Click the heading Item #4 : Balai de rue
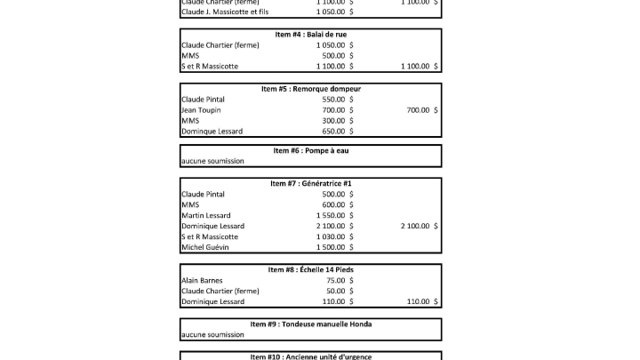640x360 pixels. [x=310, y=34]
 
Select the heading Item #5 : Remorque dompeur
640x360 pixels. [x=310, y=89]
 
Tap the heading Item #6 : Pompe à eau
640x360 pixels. [x=310, y=151]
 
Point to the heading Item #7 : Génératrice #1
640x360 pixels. [x=310, y=183]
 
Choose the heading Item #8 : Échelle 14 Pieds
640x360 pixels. [x=310, y=269]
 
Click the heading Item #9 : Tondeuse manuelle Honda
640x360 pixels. [x=310, y=324]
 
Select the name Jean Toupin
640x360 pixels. [x=201, y=110]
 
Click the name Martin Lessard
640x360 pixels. [x=205, y=216]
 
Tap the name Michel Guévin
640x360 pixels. [x=204, y=248]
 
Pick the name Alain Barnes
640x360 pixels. [x=201, y=280]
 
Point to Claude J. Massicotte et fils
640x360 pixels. [x=224, y=12]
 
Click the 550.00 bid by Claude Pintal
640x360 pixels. [x=333, y=100]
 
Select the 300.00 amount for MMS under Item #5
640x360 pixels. [x=333, y=121]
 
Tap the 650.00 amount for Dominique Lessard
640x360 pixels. [x=333, y=132]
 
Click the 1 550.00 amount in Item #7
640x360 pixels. [x=330, y=216]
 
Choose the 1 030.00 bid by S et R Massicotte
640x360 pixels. [x=330, y=237]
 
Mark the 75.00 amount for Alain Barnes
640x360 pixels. [x=335, y=280]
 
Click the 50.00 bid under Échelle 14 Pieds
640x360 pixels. [x=335, y=291]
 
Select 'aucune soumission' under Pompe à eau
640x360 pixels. [x=212, y=162]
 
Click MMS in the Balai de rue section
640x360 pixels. [x=189, y=55]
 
